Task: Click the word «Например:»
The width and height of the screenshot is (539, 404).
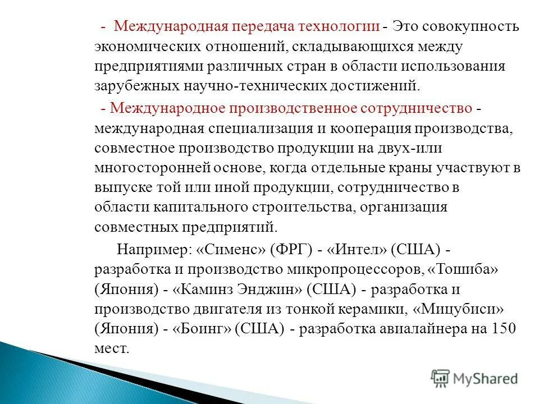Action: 145,249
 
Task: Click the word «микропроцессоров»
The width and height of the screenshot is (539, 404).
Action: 358,269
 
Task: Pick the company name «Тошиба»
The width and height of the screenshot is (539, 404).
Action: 464,269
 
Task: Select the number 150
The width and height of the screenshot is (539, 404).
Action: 503,329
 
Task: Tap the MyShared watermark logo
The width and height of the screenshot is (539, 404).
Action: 474,379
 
